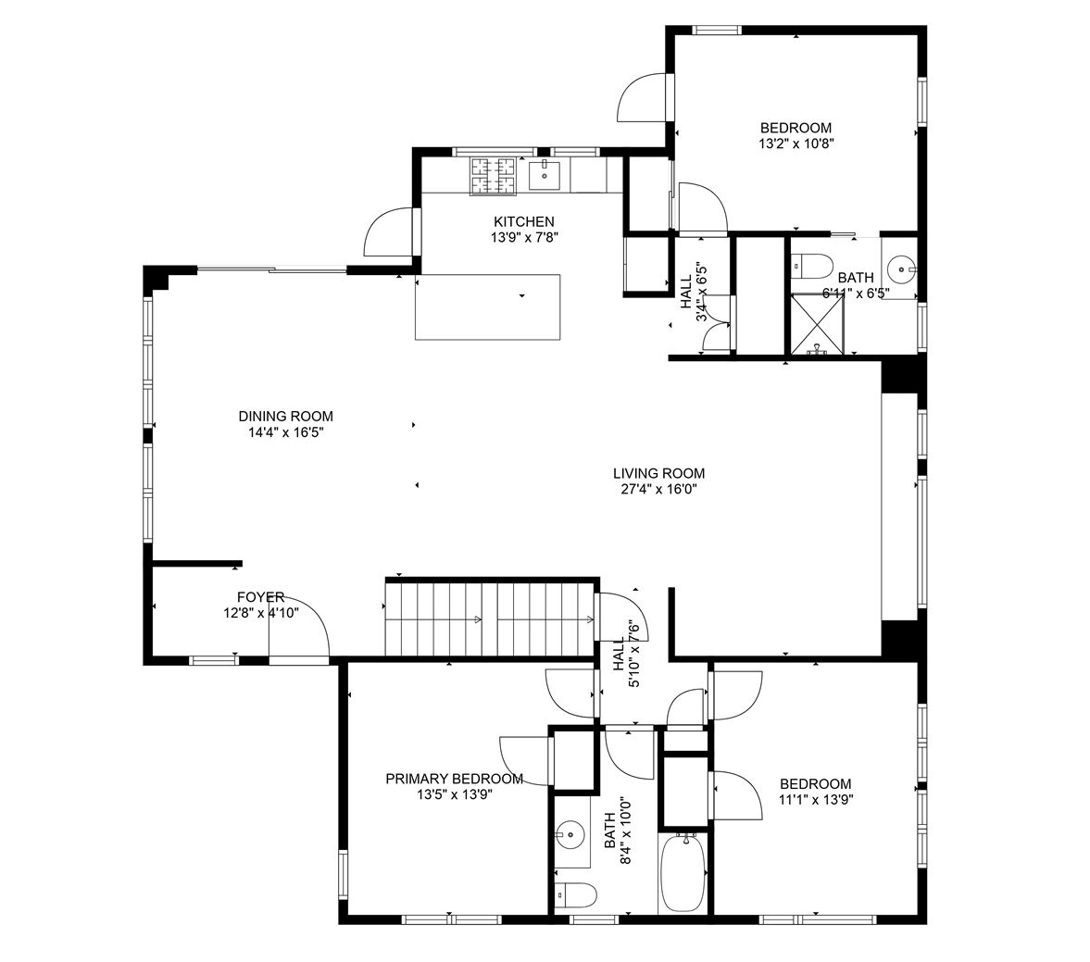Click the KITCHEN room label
[524, 221]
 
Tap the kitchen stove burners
[494, 176]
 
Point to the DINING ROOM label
[286, 417]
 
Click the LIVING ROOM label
[659, 473]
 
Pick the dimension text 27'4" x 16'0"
[659, 490]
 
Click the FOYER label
[260, 597]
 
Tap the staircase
[491, 618]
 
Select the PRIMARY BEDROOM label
[455, 780]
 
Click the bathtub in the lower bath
[683, 871]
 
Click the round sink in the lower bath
[570, 832]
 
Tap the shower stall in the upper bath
[819, 324]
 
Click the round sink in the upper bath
[902, 267]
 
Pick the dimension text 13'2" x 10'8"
[796, 144]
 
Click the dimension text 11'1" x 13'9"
[815, 799]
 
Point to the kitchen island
[488, 307]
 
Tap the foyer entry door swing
[299, 626]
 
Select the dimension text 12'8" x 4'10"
[260, 613]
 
